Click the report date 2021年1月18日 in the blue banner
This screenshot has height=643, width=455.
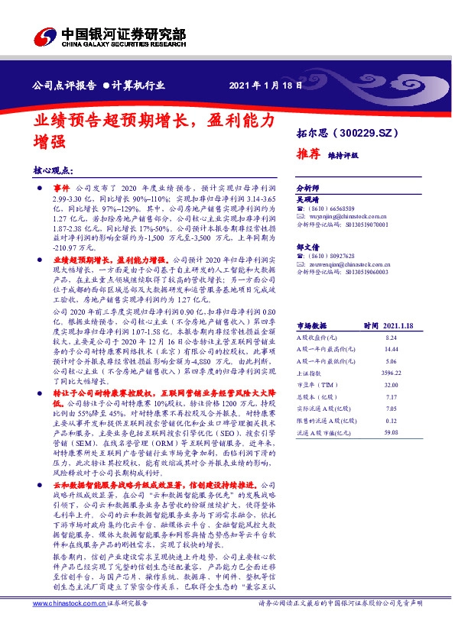click(262, 86)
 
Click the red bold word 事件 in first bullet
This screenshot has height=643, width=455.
click(60, 187)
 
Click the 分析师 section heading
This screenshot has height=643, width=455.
click(307, 187)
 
